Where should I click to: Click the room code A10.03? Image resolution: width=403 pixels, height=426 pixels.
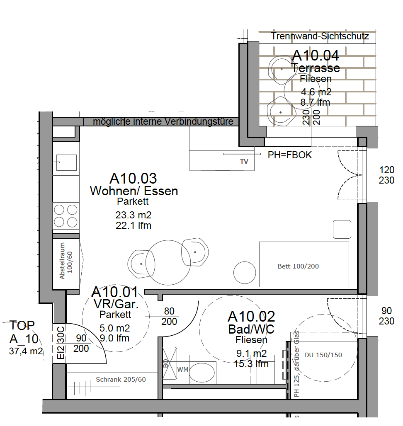133,179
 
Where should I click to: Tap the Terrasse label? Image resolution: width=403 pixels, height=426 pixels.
316,68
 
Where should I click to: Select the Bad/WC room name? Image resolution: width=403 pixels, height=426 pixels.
251,329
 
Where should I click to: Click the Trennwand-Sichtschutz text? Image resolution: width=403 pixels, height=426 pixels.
320,36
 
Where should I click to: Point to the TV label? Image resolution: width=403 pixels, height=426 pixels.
244,162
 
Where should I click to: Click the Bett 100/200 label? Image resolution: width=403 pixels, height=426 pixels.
298,266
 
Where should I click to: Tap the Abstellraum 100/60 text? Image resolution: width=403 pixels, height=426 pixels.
66,261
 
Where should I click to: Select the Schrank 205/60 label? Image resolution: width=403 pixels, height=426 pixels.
121,379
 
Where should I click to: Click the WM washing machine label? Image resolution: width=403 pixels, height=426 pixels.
182,370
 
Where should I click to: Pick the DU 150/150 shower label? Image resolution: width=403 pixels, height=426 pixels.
323,355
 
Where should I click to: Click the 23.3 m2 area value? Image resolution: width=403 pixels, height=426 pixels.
133,215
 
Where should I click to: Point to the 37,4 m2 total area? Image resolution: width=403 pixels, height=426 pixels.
26,351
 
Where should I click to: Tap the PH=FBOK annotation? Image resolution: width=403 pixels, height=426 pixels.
290,155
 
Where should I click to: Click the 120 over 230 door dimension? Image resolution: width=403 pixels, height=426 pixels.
386,175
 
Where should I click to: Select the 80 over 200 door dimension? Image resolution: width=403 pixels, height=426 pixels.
169,316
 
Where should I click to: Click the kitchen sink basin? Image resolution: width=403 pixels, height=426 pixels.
66,162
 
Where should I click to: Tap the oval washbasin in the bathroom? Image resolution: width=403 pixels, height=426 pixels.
201,373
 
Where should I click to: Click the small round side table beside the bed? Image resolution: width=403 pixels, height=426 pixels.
245,273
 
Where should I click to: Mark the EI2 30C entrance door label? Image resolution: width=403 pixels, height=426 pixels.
61,342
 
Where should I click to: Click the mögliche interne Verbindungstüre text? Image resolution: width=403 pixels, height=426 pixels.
163,121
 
